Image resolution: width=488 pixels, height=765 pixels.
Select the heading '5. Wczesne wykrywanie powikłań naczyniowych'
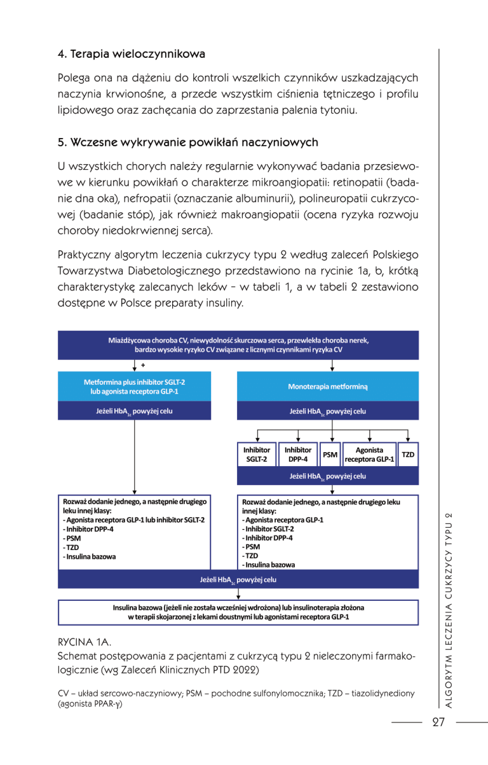[x=187, y=142]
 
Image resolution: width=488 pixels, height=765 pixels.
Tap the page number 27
[x=438, y=722]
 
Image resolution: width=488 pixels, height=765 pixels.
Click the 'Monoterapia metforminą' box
[x=327, y=386]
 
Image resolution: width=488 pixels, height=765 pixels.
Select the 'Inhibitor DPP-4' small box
[x=297, y=454]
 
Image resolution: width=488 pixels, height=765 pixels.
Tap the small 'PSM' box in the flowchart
[x=330, y=455]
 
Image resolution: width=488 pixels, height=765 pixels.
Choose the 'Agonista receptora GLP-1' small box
[x=369, y=454]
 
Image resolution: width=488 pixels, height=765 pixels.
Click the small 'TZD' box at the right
[x=408, y=455]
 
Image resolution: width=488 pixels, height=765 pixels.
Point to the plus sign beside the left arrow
[x=143, y=366]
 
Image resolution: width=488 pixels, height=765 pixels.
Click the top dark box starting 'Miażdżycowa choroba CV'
[x=238, y=345]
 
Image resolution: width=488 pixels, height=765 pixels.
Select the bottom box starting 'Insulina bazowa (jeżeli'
[x=238, y=612]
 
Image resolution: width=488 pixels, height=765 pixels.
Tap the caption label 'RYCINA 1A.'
[x=84, y=642]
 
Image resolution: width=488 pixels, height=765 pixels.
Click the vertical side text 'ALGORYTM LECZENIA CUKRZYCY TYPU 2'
[x=449, y=610]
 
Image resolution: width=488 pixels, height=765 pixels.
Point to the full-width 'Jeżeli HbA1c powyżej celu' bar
[x=238, y=579]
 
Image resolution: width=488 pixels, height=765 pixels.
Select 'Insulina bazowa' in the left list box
[x=89, y=556]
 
